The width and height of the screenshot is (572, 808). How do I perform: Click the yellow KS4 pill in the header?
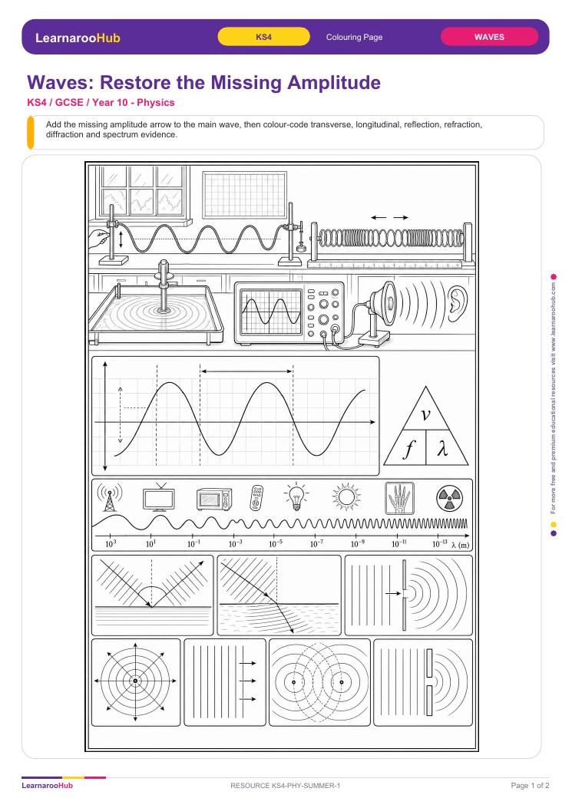(x=263, y=37)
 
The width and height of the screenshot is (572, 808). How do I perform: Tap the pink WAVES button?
(x=489, y=37)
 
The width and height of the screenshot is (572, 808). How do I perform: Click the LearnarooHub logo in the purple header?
(x=78, y=38)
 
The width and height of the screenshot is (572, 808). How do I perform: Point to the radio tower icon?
(x=109, y=497)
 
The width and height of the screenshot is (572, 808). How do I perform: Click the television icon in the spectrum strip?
(x=159, y=498)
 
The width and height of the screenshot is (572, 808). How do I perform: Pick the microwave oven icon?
(x=214, y=499)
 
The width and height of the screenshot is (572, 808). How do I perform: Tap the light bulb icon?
(x=296, y=497)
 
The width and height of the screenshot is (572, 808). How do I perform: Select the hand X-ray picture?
(x=400, y=498)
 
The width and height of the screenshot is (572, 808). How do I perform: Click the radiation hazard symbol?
(x=449, y=498)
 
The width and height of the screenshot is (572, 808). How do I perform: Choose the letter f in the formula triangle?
(x=408, y=449)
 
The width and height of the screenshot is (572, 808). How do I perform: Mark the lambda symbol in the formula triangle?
(x=442, y=449)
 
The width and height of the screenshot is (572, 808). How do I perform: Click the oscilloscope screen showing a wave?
(x=271, y=312)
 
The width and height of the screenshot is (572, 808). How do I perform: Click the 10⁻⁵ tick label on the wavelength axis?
(x=276, y=543)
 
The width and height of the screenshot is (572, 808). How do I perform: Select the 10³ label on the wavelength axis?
(x=111, y=543)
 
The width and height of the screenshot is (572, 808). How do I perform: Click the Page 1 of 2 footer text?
(x=530, y=785)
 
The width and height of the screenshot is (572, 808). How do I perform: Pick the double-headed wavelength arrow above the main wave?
(x=246, y=371)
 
